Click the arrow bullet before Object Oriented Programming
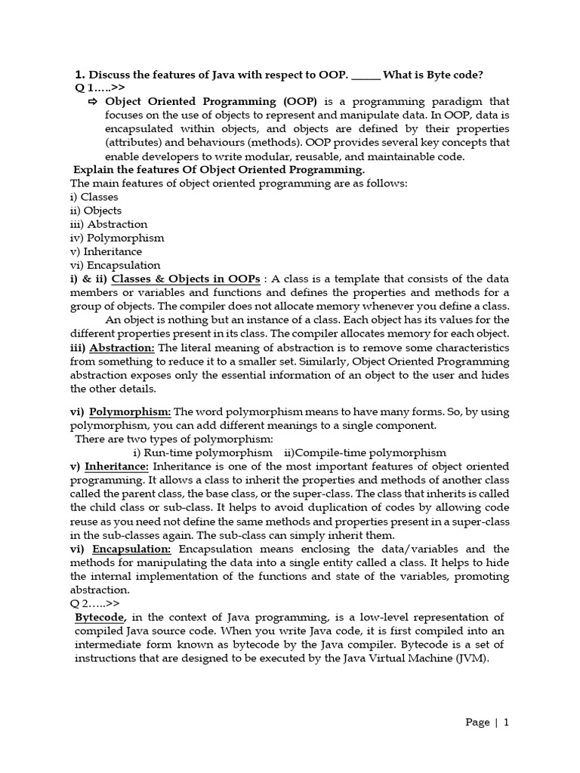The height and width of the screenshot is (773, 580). click(94, 101)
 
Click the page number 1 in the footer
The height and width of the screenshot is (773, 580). click(506, 722)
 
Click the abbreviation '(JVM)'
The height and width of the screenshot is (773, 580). click(471, 658)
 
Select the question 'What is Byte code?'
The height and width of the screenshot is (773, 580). click(433, 74)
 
